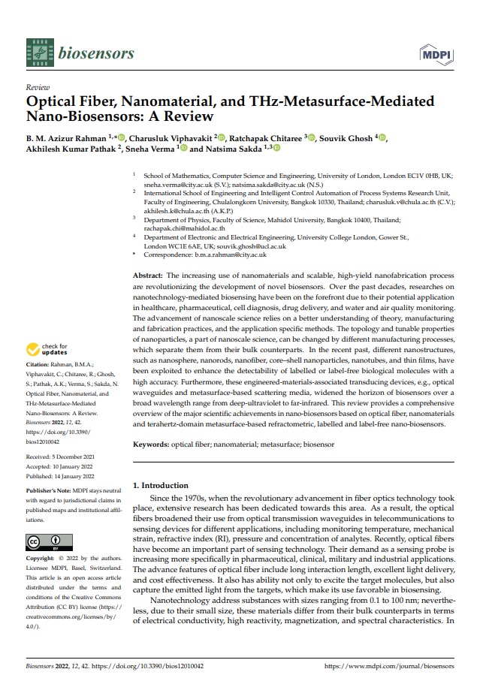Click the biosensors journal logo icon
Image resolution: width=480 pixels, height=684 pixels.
coord(38,52)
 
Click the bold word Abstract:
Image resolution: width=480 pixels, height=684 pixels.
coord(148,276)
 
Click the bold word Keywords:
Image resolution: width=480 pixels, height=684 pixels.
coord(151,444)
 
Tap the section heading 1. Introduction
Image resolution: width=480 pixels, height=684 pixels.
coord(162,486)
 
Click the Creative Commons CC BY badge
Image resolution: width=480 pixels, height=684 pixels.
coord(44,542)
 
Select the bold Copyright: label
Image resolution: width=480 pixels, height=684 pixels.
coord(41,559)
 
